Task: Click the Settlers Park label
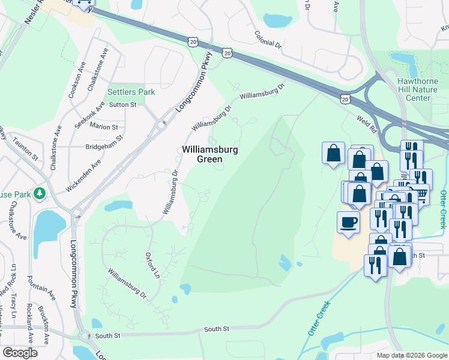click(x=131, y=92)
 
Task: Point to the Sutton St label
click(x=122, y=104)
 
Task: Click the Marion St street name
click(x=104, y=127)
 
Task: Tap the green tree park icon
click(x=40, y=193)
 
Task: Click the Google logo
click(x=20, y=353)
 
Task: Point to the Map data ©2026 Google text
click(x=411, y=355)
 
